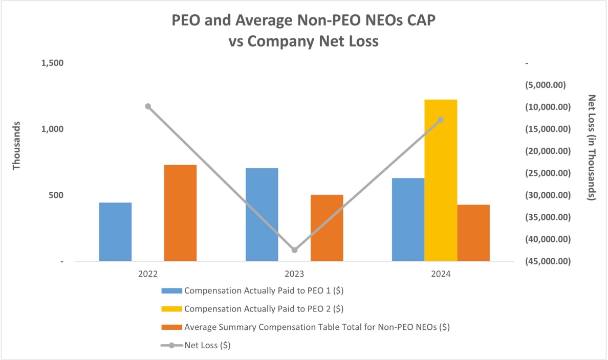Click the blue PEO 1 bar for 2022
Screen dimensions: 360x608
(115, 232)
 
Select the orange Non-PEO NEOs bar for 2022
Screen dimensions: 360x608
(180, 213)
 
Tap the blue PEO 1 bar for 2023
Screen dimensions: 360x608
(262, 214)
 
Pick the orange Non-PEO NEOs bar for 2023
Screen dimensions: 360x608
(327, 228)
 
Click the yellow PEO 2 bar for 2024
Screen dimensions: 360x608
(441, 180)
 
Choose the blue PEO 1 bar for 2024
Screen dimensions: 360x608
(408, 219)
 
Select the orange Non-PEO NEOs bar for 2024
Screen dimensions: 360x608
(473, 233)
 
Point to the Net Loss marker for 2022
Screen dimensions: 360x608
(148, 106)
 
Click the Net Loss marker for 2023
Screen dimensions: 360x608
(294, 250)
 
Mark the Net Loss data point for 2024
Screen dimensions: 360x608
(441, 120)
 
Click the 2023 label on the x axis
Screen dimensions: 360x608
(294, 274)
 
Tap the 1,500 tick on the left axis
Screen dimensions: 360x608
(53, 63)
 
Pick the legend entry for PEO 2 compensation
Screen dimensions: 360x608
(263, 309)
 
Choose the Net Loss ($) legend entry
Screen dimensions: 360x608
(207, 345)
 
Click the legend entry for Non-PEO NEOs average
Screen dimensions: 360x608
(316, 327)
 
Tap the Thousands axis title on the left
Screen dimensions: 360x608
(16, 146)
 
